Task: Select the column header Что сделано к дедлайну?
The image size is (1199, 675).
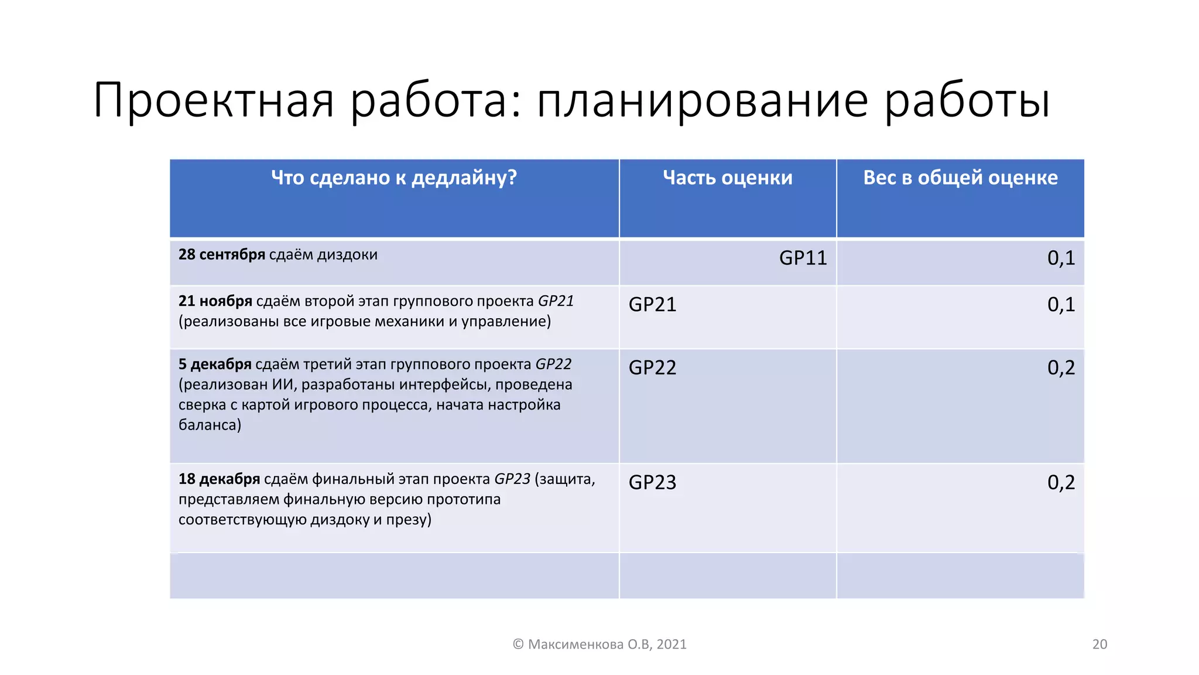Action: point(394,178)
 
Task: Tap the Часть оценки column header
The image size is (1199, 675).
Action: point(728,178)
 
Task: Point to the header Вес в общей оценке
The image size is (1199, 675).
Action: point(960,178)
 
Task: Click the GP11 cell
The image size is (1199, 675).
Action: point(803,258)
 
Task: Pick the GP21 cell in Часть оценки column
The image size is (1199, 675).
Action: point(652,305)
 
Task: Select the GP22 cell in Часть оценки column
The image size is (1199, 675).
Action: point(652,368)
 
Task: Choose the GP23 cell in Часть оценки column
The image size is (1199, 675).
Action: point(652,483)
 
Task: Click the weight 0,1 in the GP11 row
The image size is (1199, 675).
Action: point(1061,258)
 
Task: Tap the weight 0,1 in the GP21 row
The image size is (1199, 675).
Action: point(1061,305)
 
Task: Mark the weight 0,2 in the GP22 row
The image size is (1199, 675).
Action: point(1061,368)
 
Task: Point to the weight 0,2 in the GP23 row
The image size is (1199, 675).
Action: point(1061,483)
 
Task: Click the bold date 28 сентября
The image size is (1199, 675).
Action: point(222,255)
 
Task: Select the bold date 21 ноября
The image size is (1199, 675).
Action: point(215,301)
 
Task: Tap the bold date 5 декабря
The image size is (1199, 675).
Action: point(215,364)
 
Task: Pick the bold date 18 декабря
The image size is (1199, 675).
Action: point(219,479)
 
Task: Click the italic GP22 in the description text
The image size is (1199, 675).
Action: point(553,364)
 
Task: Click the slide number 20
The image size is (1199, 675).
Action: point(1099,645)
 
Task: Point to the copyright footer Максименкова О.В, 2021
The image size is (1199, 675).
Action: point(599,645)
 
